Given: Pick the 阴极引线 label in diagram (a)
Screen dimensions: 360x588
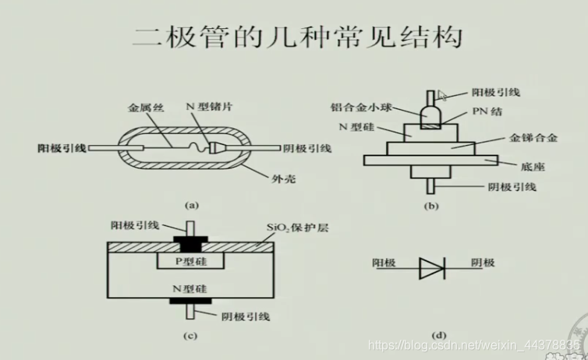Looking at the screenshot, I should click(308, 148).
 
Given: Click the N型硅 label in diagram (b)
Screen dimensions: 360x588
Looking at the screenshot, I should click(356, 127).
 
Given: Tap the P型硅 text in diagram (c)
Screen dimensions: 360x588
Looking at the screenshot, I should click(189, 261).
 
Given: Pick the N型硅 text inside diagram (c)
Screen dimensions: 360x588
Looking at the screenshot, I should click(189, 289).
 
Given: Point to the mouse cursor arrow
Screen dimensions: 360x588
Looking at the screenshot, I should click(441, 95).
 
